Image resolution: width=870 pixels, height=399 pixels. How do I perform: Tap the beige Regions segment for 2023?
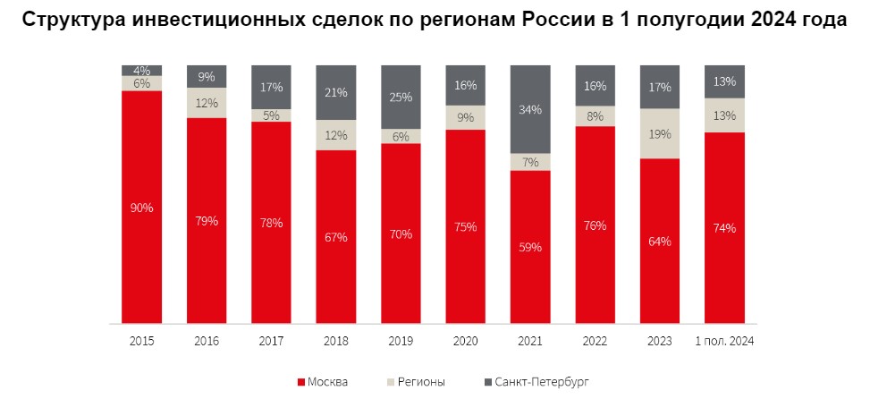click(660, 133)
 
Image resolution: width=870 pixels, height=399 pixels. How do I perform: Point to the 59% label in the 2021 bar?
click(530, 248)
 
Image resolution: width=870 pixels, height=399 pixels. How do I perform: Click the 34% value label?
click(530, 110)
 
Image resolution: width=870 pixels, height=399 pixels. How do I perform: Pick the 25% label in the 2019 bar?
click(401, 97)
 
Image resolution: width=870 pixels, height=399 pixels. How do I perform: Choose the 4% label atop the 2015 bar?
click(142, 70)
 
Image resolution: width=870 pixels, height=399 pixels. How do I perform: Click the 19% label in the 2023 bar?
click(660, 134)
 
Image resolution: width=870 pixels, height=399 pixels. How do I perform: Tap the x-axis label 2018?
click(336, 341)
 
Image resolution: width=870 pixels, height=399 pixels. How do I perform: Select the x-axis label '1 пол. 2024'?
click(724, 341)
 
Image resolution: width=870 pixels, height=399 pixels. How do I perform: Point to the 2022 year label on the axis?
click(595, 341)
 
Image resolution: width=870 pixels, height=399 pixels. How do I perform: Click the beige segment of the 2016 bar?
click(207, 103)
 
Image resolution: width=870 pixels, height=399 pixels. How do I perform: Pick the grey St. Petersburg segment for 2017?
click(271, 87)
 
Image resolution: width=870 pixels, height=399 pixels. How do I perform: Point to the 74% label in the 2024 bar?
click(724, 228)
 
